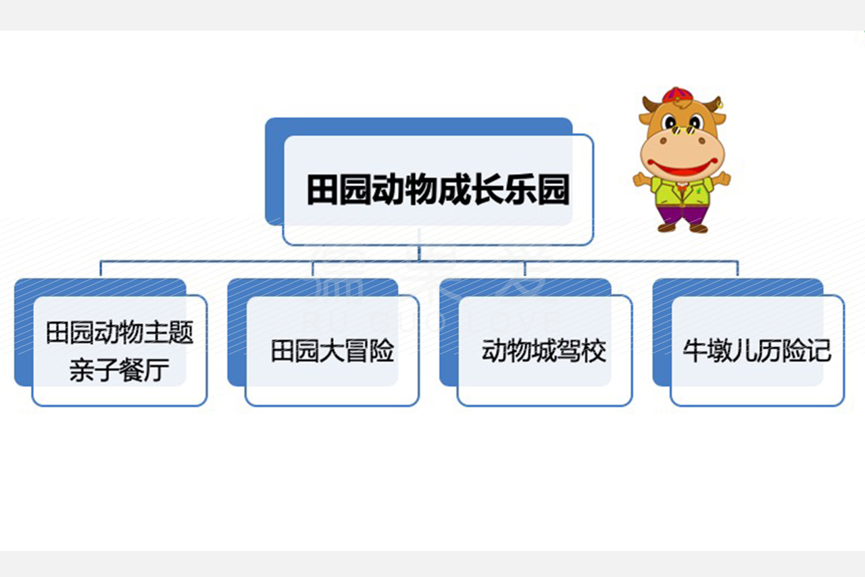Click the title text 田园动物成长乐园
point(438,190)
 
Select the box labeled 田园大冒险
point(332,350)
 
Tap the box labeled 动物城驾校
point(545,350)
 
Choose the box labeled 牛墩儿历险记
point(758,350)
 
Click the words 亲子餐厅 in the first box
point(120,370)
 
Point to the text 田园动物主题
point(120,333)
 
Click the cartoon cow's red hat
point(678,95)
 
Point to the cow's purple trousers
point(683,215)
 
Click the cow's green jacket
point(683,191)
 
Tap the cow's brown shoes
point(683,228)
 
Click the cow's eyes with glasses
point(683,124)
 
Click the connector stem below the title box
point(419,254)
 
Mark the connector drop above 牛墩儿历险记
point(737,269)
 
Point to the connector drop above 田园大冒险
point(313,269)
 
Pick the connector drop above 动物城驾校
point(525,269)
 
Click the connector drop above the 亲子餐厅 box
point(101,269)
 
